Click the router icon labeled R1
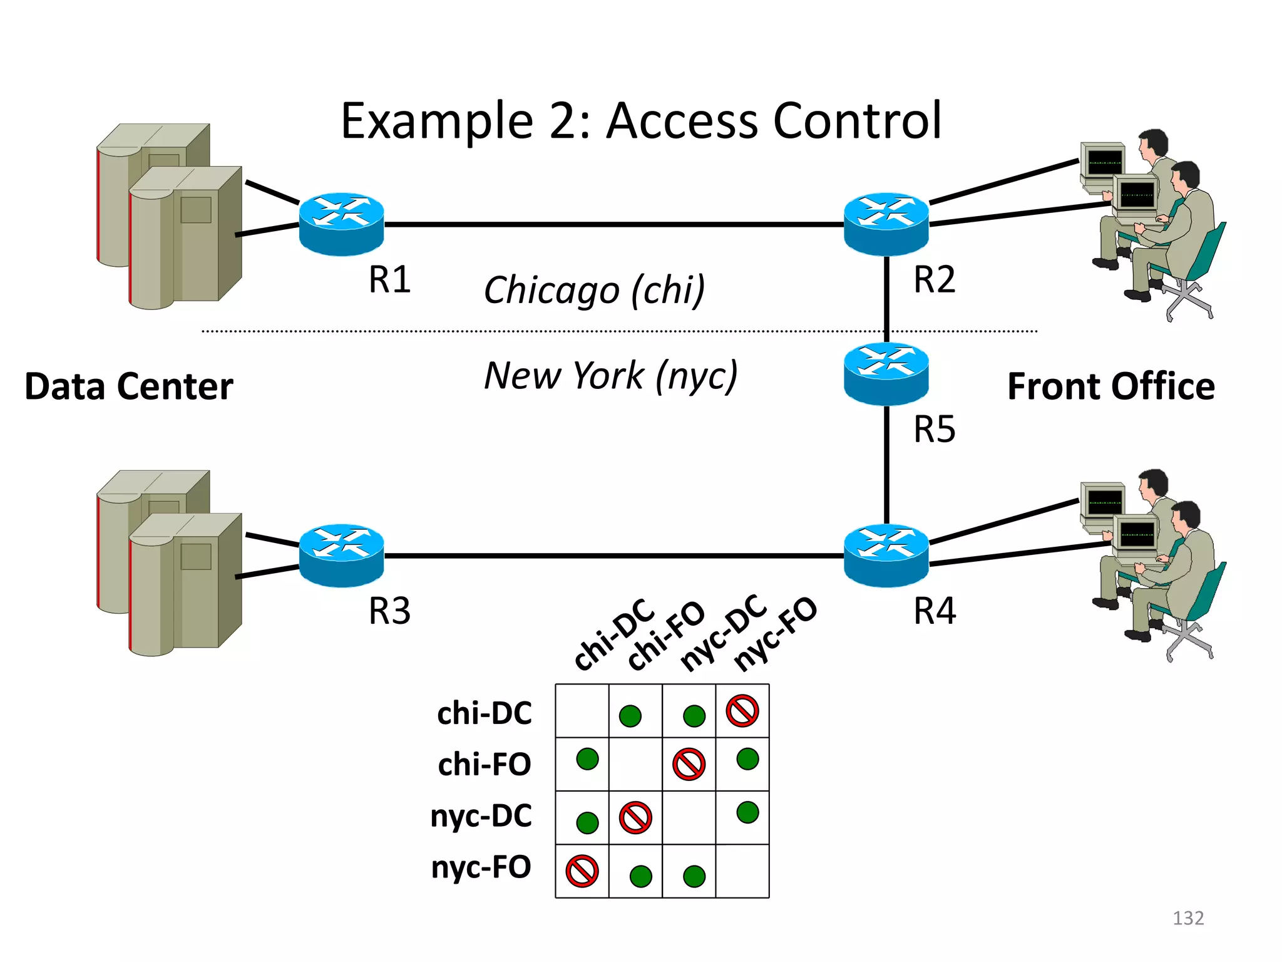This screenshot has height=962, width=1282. pyautogui.click(x=341, y=224)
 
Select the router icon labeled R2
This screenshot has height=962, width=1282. pyautogui.click(x=886, y=224)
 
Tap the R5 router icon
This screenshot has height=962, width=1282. pyautogui.click(x=886, y=373)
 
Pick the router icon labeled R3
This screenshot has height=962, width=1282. pyautogui.click(x=341, y=555)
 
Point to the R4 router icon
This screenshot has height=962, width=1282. pyautogui.click(x=886, y=555)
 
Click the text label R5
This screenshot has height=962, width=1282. pyautogui.click(x=934, y=430)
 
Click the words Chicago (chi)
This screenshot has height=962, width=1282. pyautogui.click(x=594, y=290)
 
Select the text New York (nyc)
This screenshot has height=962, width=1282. pyautogui.click(x=610, y=376)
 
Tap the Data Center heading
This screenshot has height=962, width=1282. pyautogui.click(x=129, y=386)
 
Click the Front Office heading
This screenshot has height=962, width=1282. pyautogui.click(x=1110, y=386)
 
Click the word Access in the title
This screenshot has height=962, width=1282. pyautogui.click(x=682, y=120)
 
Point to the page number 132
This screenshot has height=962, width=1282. pyautogui.click(x=1187, y=918)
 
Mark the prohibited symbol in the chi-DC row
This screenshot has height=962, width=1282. pyautogui.click(x=742, y=711)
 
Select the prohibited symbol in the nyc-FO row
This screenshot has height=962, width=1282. pyautogui.click(x=582, y=871)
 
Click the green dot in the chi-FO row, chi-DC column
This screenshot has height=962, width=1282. pyautogui.click(x=587, y=759)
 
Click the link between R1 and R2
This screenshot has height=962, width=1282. pyautogui.click(x=613, y=224)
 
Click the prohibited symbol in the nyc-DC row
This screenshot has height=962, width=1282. pyautogui.click(x=635, y=817)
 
